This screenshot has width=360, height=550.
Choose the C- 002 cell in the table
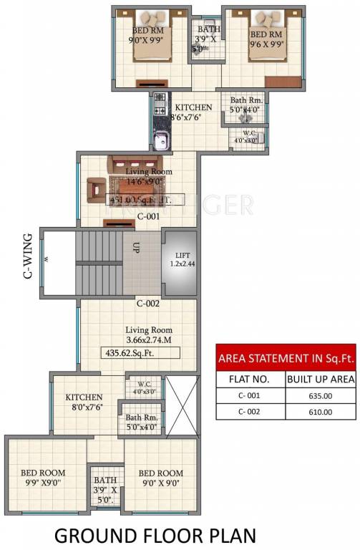[250, 411]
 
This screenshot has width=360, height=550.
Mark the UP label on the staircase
[135, 249]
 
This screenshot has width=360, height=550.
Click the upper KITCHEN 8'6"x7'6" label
[193, 112]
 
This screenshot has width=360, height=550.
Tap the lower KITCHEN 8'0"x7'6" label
[84, 402]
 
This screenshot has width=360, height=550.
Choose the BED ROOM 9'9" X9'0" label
[42, 478]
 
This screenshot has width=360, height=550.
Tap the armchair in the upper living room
[94, 189]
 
